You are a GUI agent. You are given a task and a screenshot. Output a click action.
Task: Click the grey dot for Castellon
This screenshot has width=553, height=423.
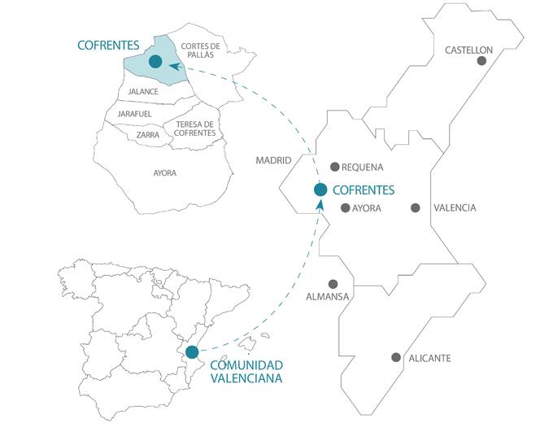(x=481, y=60)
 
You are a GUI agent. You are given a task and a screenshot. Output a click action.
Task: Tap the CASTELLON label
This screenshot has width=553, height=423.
(x=468, y=50)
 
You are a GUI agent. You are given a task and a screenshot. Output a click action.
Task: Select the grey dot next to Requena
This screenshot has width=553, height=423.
(x=334, y=168)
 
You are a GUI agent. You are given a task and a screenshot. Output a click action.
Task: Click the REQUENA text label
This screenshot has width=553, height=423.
(x=363, y=168)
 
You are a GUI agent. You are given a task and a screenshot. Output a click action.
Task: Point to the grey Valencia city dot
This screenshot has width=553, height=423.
(x=416, y=208)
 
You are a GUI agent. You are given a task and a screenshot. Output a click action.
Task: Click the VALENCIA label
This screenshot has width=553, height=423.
(x=455, y=208)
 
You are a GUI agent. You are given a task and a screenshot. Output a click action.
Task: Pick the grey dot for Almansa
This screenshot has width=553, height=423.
(x=333, y=284)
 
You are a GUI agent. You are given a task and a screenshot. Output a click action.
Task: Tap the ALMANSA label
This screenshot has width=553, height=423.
(x=327, y=296)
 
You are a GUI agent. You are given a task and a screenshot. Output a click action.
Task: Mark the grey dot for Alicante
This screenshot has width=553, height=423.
(x=396, y=357)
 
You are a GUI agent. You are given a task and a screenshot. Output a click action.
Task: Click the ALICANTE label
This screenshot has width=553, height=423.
(x=430, y=358)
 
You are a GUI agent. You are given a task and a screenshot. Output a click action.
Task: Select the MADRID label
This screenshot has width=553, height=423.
(x=273, y=161)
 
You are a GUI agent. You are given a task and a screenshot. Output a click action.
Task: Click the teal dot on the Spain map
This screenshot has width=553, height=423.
(x=191, y=352)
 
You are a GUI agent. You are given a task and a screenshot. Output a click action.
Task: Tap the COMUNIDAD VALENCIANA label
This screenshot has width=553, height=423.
(x=246, y=371)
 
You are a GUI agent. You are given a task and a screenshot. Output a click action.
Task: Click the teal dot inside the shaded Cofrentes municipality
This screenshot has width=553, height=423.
(x=155, y=61)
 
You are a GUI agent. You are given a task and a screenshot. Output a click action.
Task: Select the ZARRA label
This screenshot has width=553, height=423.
(x=148, y=134)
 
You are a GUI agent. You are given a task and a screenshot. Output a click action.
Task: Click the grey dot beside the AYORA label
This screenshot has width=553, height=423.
(x=345, y=208)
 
